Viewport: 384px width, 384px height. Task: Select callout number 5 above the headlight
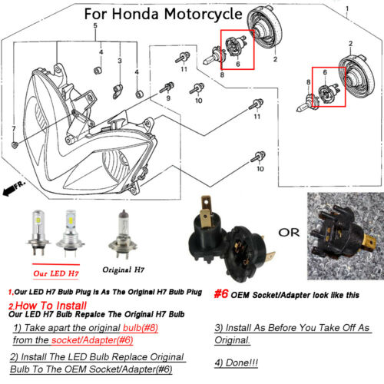95,27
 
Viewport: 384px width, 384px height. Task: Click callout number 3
120,60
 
